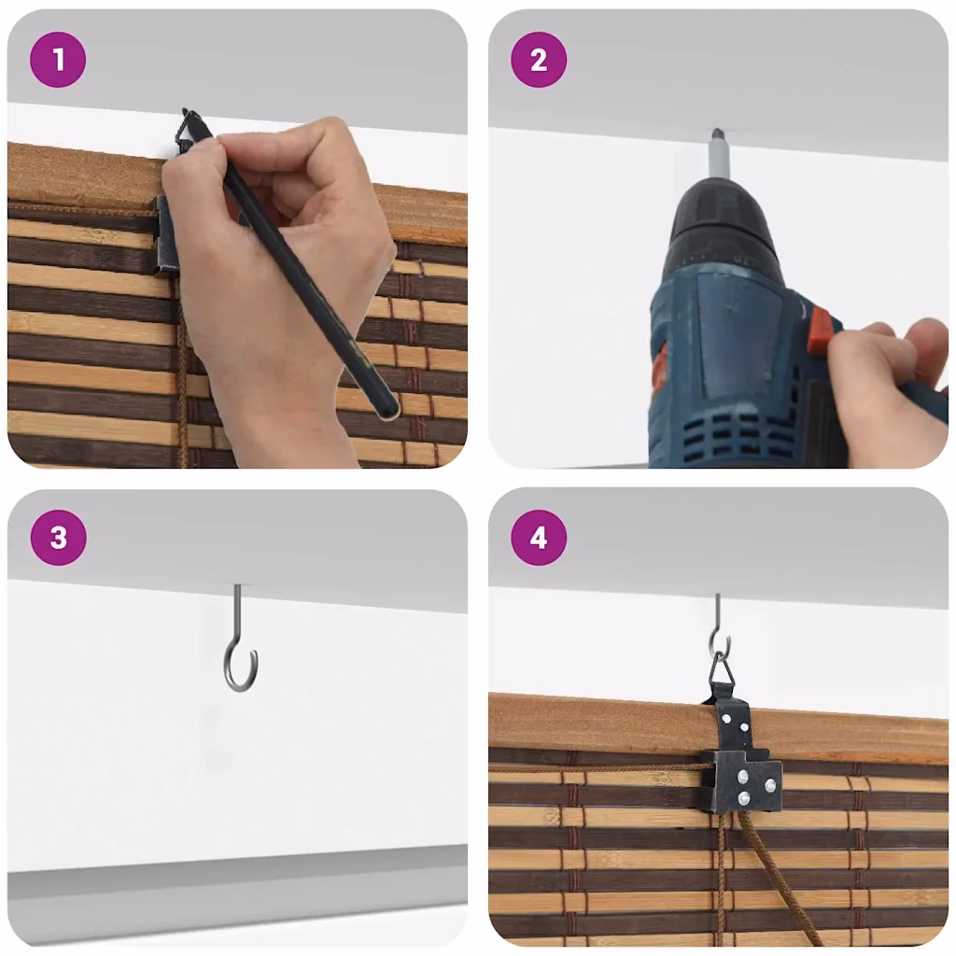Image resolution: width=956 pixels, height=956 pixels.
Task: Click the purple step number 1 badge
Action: (x=58, y=60)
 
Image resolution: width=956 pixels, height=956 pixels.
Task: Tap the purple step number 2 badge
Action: (x=539, y=60)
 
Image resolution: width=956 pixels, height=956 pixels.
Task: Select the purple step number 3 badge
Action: (x=59, y=538)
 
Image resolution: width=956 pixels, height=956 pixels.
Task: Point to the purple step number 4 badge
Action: (x=539, y=538)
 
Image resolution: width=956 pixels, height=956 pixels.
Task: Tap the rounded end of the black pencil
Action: (x=387, y=409)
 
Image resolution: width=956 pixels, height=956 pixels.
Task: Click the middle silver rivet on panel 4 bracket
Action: (x=742, y=777)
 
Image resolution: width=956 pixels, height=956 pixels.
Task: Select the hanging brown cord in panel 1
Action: (x=183, y=378)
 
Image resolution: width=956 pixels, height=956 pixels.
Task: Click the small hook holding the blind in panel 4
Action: (x=720, y=625)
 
